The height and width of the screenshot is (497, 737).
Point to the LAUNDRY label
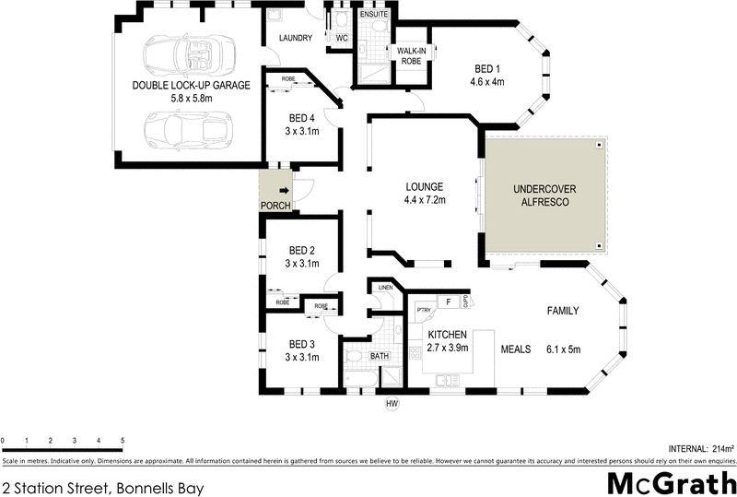click(x=296, y=38)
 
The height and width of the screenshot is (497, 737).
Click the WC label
click(x=341, y=38)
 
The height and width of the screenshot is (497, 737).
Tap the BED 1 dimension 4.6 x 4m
click(x=487, y=82)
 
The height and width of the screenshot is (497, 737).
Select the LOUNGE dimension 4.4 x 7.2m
click(x=424, y=199)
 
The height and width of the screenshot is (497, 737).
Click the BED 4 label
click(x=301, y=118)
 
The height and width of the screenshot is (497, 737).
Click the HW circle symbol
click(x=390, y=402)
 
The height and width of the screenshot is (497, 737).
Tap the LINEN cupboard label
click(x=385, y=288)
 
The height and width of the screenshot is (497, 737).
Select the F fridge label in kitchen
click(x=448, y=302)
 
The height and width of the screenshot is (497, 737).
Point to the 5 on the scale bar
click(x=123, y=441)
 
